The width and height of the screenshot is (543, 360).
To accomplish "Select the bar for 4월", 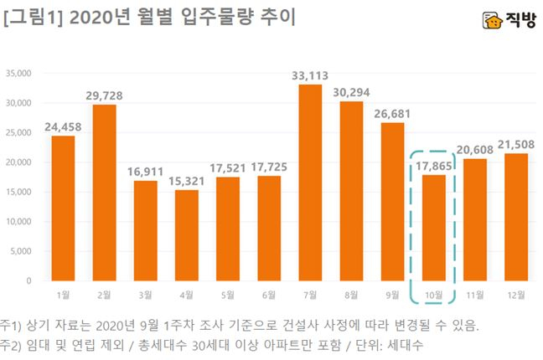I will point(187,235).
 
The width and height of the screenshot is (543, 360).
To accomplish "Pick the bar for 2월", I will point(105,193).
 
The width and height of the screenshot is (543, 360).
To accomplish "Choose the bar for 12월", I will point(515,217).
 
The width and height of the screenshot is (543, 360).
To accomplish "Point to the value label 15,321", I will point(187,180).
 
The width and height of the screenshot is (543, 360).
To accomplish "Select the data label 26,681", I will point(392,113).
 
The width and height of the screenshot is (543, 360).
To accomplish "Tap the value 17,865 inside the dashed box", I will point(433,165).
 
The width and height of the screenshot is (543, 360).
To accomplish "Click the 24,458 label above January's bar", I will point(64,126).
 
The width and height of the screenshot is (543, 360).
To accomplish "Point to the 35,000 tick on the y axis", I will point(18,74).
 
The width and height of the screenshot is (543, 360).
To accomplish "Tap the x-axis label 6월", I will point(269,295).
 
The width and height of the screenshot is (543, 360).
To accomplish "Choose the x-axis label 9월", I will point(392,295).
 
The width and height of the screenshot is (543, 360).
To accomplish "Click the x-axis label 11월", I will point(474,295).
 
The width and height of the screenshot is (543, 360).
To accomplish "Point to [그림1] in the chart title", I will point(29,18).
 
